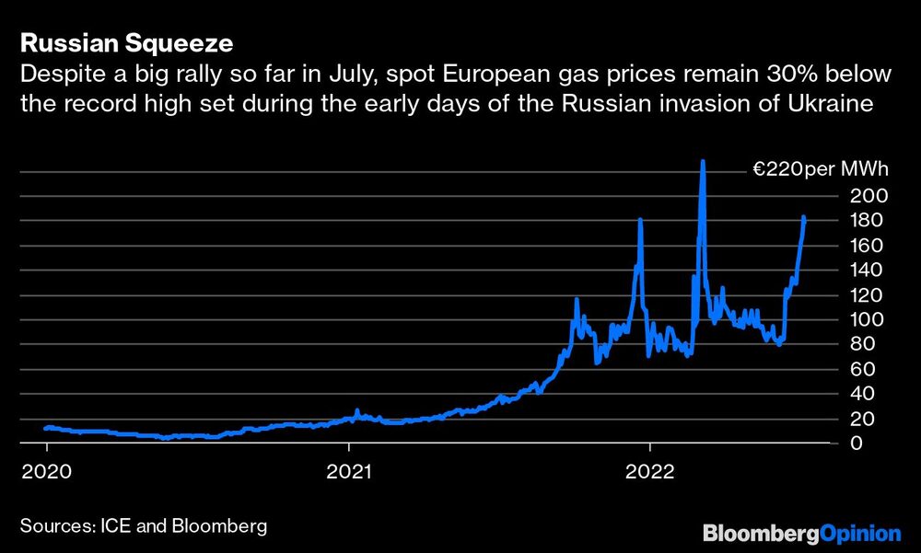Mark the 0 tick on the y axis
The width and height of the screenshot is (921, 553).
(856, 444)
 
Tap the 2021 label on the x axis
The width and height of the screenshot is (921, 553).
(349, 471)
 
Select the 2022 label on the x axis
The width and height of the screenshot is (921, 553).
(650, 471)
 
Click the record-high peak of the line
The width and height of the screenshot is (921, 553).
(703, 162)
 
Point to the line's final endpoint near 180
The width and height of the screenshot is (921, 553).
(804, 218)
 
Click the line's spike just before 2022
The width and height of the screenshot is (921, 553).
(640, 221)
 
